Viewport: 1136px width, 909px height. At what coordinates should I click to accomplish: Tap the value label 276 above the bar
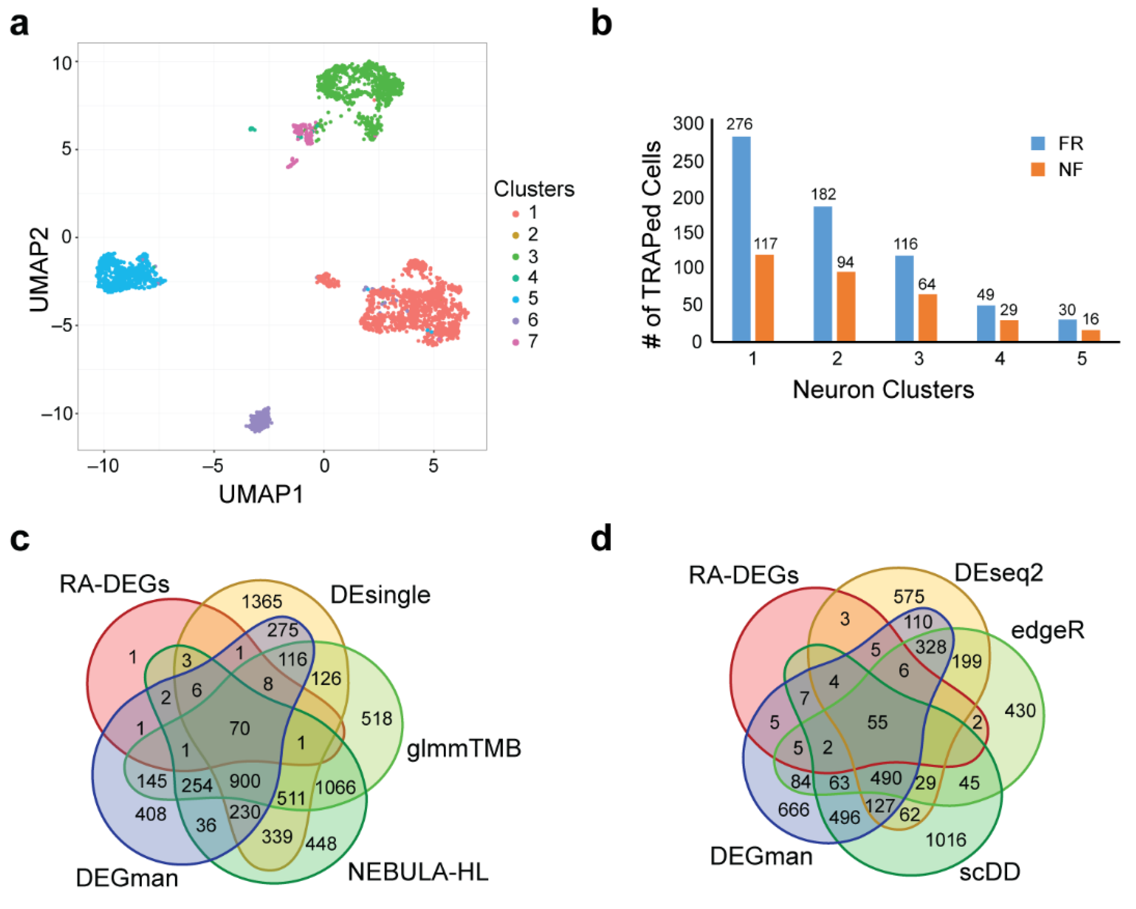click(739, 124)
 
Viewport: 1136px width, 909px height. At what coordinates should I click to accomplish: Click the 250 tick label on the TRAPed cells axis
click(688, 161)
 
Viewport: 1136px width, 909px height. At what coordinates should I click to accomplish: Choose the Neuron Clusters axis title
click(883, 390)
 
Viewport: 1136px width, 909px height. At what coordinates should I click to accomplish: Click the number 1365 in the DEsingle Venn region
click(261, 601)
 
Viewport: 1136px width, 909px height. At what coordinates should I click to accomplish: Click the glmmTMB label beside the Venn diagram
click(464, 748)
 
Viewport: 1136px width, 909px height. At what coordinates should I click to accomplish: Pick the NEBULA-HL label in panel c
click(418, 872)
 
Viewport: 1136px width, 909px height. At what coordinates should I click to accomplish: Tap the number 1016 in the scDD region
click(946, 839)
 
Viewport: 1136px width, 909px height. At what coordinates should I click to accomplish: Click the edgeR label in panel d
click(1047, 630)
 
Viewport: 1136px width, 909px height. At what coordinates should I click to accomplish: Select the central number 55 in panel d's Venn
click(877, 722)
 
